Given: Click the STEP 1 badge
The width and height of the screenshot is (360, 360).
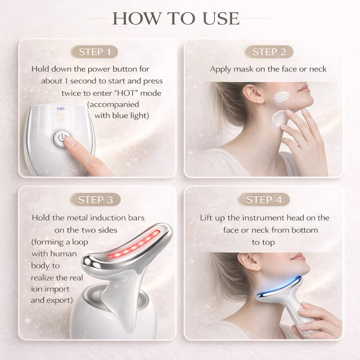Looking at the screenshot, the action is [94, 52].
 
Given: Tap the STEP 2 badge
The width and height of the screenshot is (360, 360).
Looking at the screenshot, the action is [269, 52].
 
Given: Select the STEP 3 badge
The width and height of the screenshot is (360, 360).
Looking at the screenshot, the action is [95, 200].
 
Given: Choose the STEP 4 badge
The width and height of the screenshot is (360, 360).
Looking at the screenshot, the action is [264, 200].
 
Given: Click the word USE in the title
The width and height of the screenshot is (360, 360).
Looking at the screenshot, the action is [221, 18].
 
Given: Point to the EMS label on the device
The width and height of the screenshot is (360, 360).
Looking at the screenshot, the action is [61, 109].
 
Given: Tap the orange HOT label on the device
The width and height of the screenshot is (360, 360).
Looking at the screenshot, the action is [61, 120].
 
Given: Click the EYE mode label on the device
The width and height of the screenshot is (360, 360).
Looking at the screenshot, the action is [61, 114].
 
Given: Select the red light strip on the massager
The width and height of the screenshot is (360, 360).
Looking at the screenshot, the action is [134, 244].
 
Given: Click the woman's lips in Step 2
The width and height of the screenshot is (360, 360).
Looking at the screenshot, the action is [304, 88].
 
